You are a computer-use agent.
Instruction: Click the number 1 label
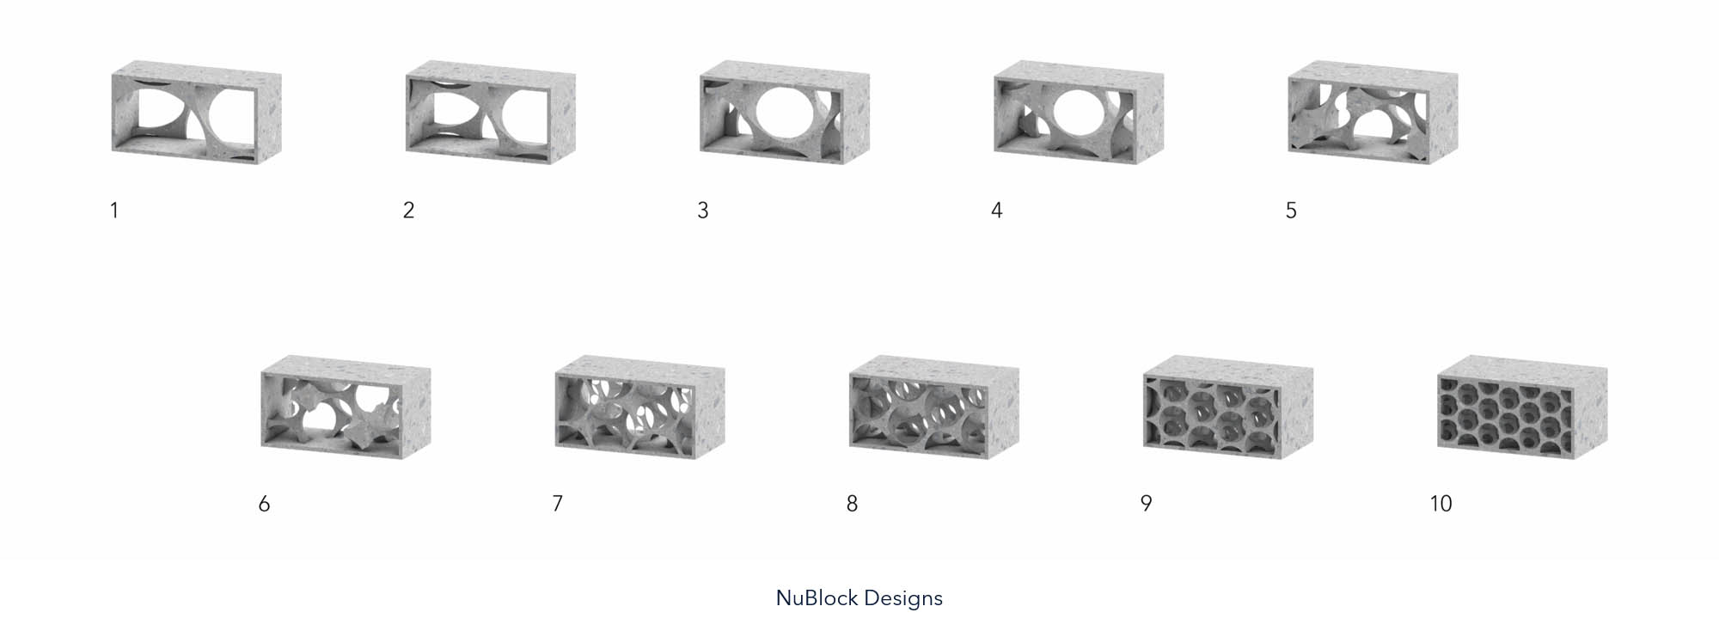(x=114, y=211)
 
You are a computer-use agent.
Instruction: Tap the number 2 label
(x=409, y=211)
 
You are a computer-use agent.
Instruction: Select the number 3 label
(x=703, y=211)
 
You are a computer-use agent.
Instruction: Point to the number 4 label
(x=997, y=211)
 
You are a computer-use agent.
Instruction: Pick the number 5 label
(x=1291, y=211)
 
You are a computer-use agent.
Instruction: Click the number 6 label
(x=264, y=504)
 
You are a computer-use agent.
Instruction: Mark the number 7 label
(x=558, y=504)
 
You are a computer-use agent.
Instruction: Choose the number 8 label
(x=852, y=504)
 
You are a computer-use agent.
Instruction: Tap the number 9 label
(x=1146, y=504)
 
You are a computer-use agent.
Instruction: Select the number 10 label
(x=1441, y=504)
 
